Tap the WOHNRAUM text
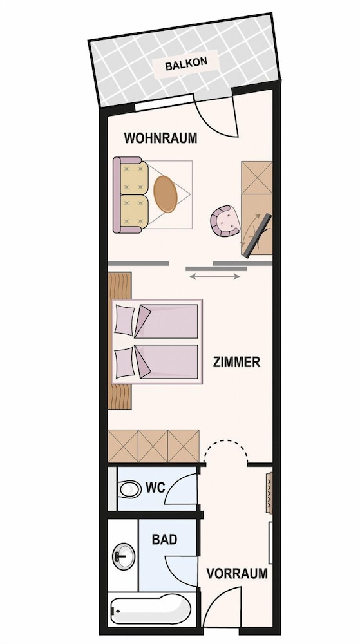pyautogui.click(x=160, y=138)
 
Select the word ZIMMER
pyautogui.click(x=236, y=362)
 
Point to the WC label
pyautogui.click(x=155, y=488)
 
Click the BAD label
pyautogui.click(x=165, y=539)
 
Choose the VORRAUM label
pyautogui.click(x=237, y=573)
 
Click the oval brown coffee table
pyautogui.click(x=166, y=194)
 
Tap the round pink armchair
pyautogui.click(x=225, y=221)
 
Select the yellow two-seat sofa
pyautogui.click(x=131, y=195)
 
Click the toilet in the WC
pyautogui.click(x=129, y=489)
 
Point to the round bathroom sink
pyautogui.click(x=124, y=556)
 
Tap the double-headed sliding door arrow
pyautogui.click(x=214, y=277)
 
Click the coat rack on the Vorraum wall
pyautogui.click(x=269, y=493)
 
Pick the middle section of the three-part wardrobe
pyautogui.click(x=153, y=446)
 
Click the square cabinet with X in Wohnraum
pyautogui.click(x=257, y=178)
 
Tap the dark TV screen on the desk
pyautogui.click(x=257, y=236)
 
